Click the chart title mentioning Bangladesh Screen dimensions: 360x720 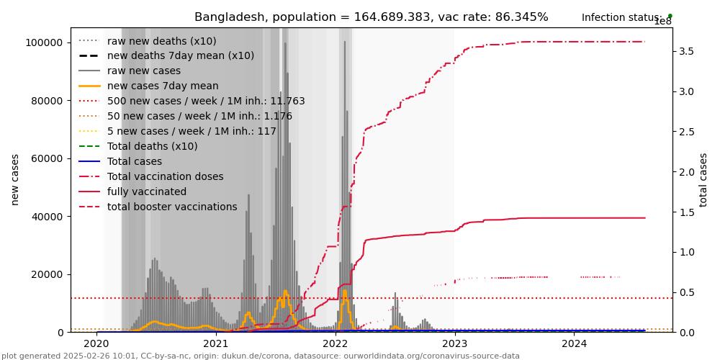coord(371,17)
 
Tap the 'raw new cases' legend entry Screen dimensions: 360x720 coord(143,71)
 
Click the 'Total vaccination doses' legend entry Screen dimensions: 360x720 coord(165,176)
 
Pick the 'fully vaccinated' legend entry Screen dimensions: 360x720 coord(146,192)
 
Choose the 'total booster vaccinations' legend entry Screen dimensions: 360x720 coord(171,207)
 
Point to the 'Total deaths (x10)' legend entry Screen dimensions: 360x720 coord(152,146)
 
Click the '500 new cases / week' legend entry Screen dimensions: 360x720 coord(205,101)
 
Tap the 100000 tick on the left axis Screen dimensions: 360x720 coord(44,42)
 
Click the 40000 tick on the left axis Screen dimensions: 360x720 coord(47,217)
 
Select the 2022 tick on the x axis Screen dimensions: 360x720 coord(336,343)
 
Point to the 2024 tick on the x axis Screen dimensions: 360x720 coord(574,343)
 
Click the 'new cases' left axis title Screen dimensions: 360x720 coord(15,179)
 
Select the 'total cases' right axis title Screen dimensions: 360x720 coord(703,179)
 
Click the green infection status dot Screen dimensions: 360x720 coord(670,16)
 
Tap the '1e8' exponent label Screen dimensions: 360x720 coord(662,22)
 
